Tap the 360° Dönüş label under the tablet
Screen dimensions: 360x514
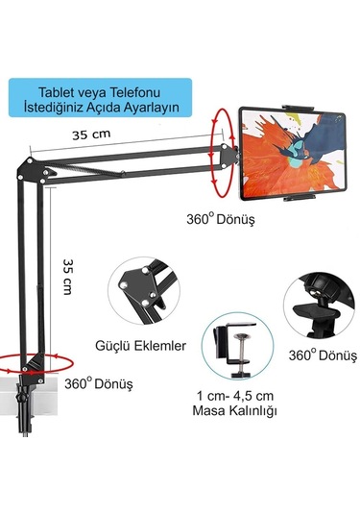(225, 219)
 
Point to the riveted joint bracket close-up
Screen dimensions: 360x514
(143, 289)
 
